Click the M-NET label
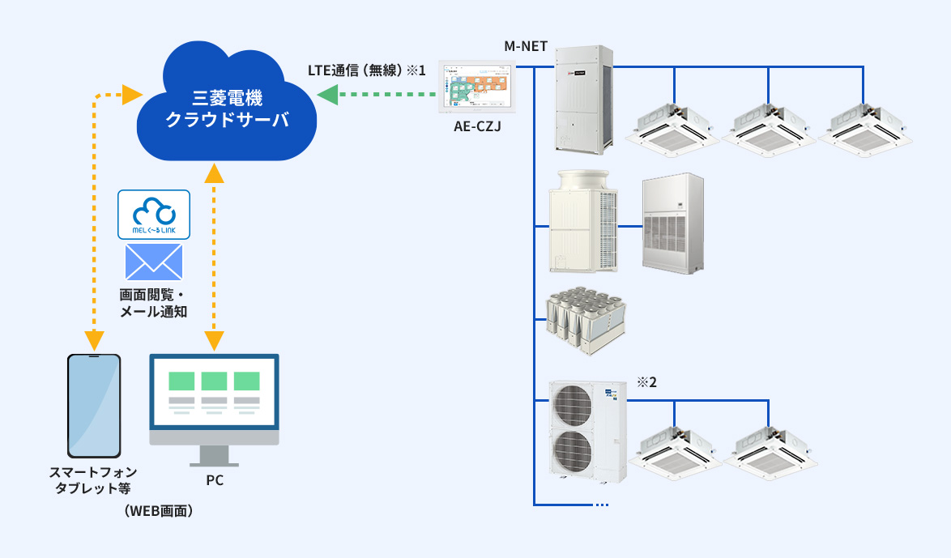[x=526, y=47]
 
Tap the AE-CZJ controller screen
[x=478, y=85]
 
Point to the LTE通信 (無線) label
[x=366, y=71]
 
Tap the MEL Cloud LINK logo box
[x=154, y=215]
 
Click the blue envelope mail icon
[x=154, y=262]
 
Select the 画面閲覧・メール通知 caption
[x=154, y=302]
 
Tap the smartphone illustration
[x=94, y=406]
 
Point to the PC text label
[x=214, y=480]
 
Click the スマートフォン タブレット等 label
[x=93, y=480]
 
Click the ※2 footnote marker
[x=646, y=382]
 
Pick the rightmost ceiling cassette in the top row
[x=858, y=126]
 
